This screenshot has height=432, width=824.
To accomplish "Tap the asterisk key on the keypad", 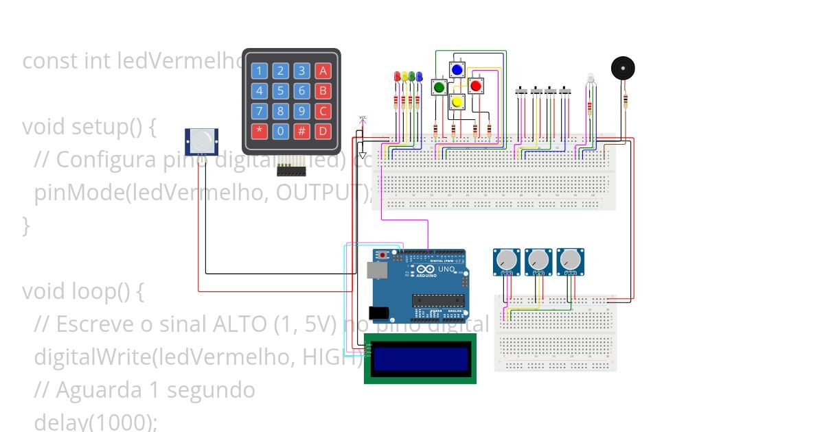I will [x=259, y=131].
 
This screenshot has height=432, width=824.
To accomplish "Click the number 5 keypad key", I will [x=280, y=91].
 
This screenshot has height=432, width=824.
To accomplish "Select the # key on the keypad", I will [x=301, y=131].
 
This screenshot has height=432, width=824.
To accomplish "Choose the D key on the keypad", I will [x=323, y=131].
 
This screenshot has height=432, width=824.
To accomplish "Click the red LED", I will [x=397, y=77].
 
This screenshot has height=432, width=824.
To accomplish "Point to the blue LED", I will [x=419, y=77].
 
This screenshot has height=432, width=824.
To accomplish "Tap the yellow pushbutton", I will [x=457, y=101].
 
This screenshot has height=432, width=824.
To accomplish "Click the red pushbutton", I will [x=475, y=86].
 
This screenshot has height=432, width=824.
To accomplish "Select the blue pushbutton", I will [x=457, y=69].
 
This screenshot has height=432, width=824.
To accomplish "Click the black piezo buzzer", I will [x=623, y=69].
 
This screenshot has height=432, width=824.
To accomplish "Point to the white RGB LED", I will [x=590, y=80].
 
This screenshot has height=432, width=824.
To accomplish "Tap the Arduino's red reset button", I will [x=382, y=256].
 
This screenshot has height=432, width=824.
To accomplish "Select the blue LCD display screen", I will [x=420, y=359].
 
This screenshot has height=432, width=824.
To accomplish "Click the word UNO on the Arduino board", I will [x=446, y=269].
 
